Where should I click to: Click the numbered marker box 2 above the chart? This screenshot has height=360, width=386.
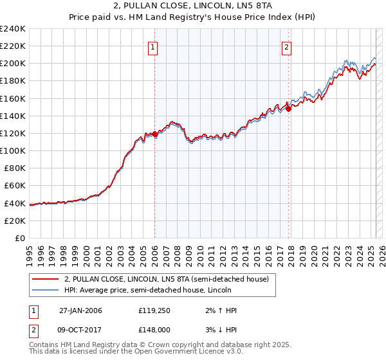click(286, 46)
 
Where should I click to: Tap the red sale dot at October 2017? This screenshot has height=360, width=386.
click(288, 109)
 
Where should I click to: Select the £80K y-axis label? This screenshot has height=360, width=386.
click(14, 168)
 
